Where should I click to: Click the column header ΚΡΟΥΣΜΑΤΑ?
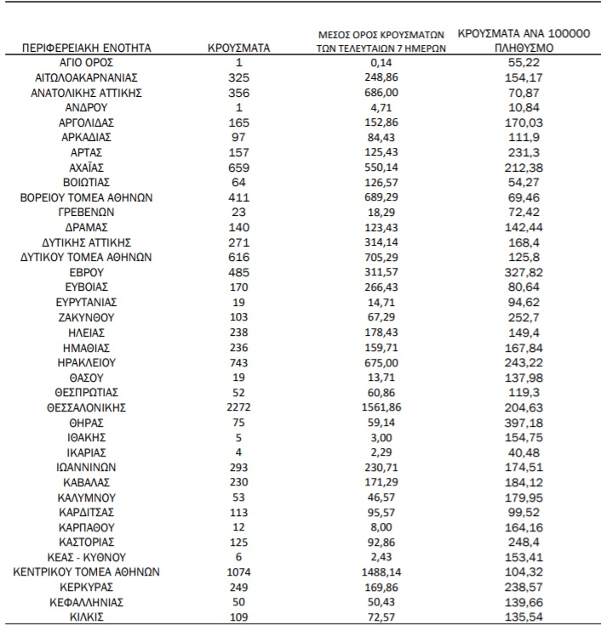click(x=238, y=48)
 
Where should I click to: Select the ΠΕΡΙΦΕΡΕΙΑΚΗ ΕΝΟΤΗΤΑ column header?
click(x=87, y=48)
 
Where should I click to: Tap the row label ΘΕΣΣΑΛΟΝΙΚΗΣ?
click(x=87, y=407)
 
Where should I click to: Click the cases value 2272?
click(x=238, y=407)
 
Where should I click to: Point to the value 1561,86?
click(x=377, y=407)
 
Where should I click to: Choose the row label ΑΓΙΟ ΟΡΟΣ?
click(x=87, y=63)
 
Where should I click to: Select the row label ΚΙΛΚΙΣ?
click(x=87, y=616)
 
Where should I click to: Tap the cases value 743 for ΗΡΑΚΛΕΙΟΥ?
click(x=238, y=362)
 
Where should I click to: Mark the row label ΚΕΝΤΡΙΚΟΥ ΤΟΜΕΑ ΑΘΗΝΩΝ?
click(x=87, y=571)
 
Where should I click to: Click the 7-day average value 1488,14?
click(x=377, y=571)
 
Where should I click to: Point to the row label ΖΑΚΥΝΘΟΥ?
click(x=87, y=317)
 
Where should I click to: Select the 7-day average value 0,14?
click(x=377, y=63)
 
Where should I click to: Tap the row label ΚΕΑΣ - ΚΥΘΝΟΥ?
click(x=87, y=556)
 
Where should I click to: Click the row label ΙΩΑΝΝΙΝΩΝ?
click(x=87, y=467)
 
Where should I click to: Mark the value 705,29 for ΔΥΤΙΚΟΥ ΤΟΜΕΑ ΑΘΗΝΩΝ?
click(x=377, y=257)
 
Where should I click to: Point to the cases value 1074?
click(x=238, y=571)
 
